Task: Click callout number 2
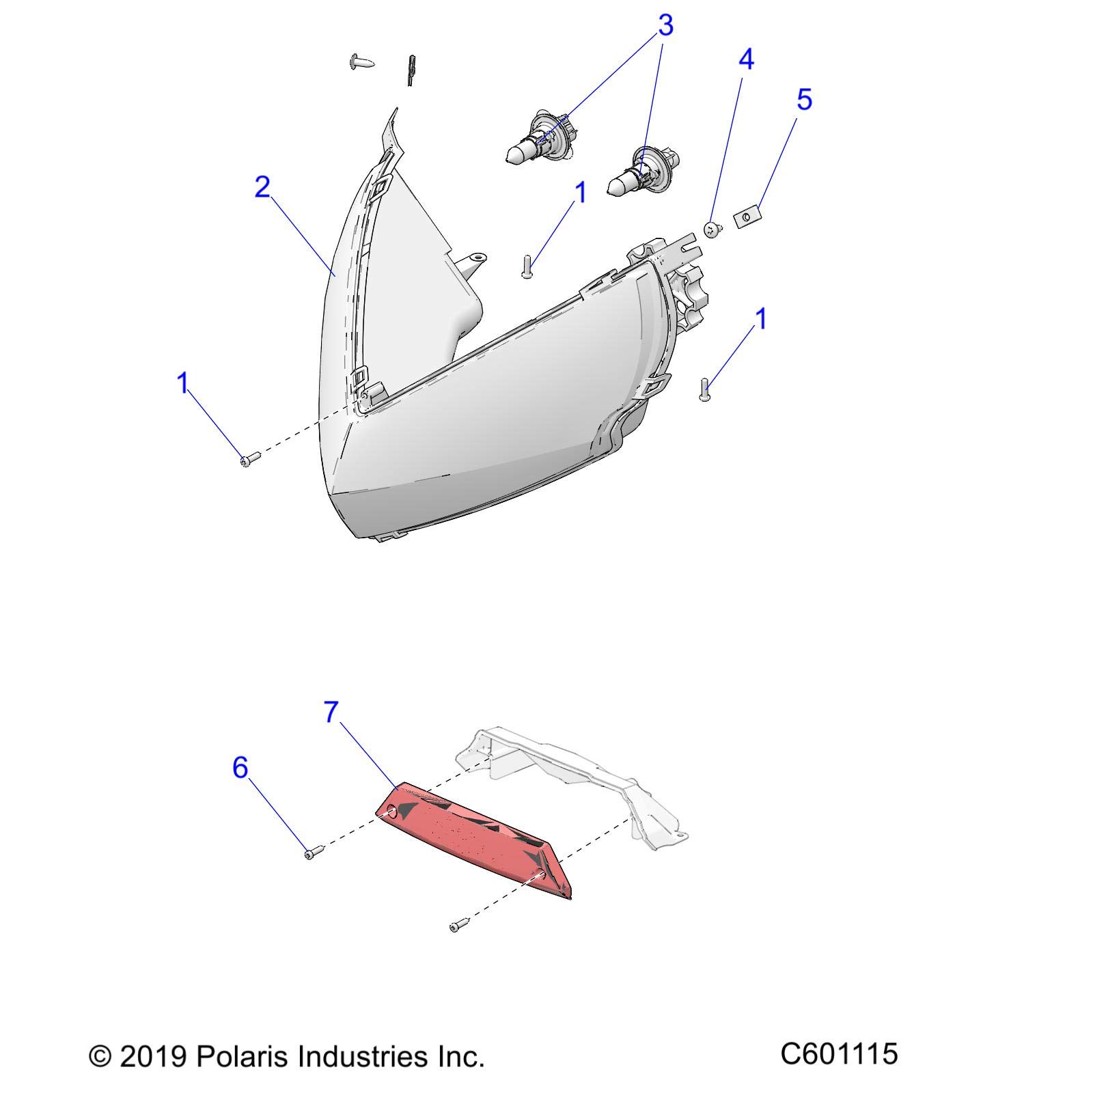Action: (x=262, y=187)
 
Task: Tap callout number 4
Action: (x=746, y=59)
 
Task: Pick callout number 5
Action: (x=804, y=100)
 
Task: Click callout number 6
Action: (x=240, y=768)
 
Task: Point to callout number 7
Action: (x=331, y=712)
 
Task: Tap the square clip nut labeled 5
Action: (x=746, y=218)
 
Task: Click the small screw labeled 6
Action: (x=310, y=853)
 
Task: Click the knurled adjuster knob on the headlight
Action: (x=690, y=301)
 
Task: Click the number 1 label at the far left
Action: (x=182, y=383)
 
